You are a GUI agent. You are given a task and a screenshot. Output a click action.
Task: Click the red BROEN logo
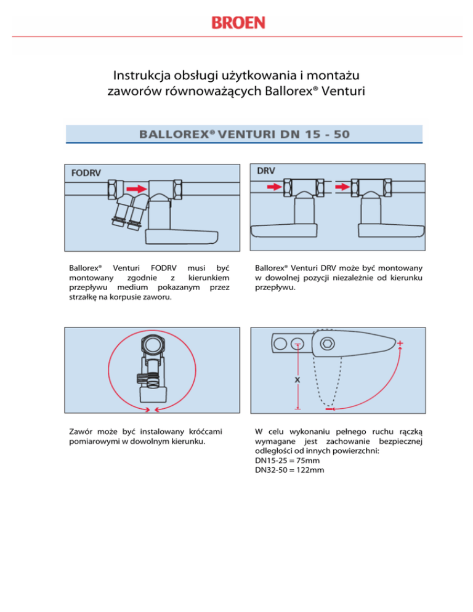pos(238,23)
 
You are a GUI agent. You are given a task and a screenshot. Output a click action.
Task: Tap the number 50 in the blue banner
pos(338,133)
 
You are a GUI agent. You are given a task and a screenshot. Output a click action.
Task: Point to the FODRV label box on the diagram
pos(82,173)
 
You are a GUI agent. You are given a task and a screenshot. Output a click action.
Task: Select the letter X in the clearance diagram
pos(297,380)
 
